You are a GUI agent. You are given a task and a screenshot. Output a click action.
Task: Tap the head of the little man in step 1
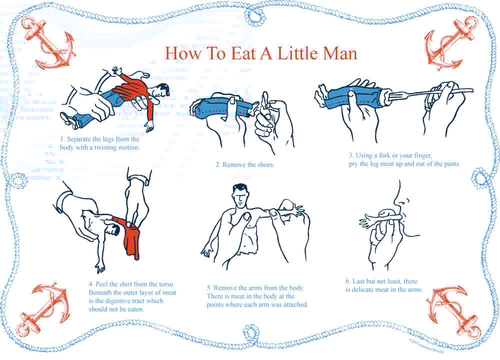tap(161, 91)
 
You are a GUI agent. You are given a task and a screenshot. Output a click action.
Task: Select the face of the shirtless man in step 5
tap(241, 196)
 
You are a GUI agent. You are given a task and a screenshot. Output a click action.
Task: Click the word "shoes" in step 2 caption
tap(263, 164)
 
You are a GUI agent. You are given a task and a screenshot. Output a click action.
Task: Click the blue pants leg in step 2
tap(215, 108)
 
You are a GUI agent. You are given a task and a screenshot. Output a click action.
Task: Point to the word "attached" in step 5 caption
tap(294, 304)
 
